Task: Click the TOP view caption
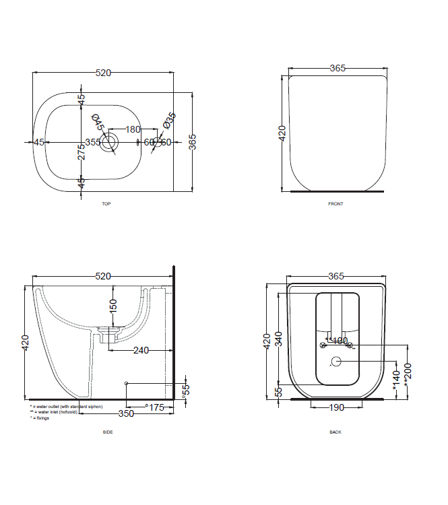(106, 203)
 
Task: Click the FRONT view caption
(335, 204)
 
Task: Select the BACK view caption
(335, 432)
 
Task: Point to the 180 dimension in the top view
(133, 129)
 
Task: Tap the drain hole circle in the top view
(108, 142)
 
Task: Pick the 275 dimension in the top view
(81, 151)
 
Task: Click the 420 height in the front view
(282, 132)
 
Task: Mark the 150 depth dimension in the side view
(113, 306)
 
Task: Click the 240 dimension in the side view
(140, 350)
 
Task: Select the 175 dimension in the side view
(156, 407)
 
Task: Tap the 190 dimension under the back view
(337, 407)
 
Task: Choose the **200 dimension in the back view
(407, 371)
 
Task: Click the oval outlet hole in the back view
(337, 362)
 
